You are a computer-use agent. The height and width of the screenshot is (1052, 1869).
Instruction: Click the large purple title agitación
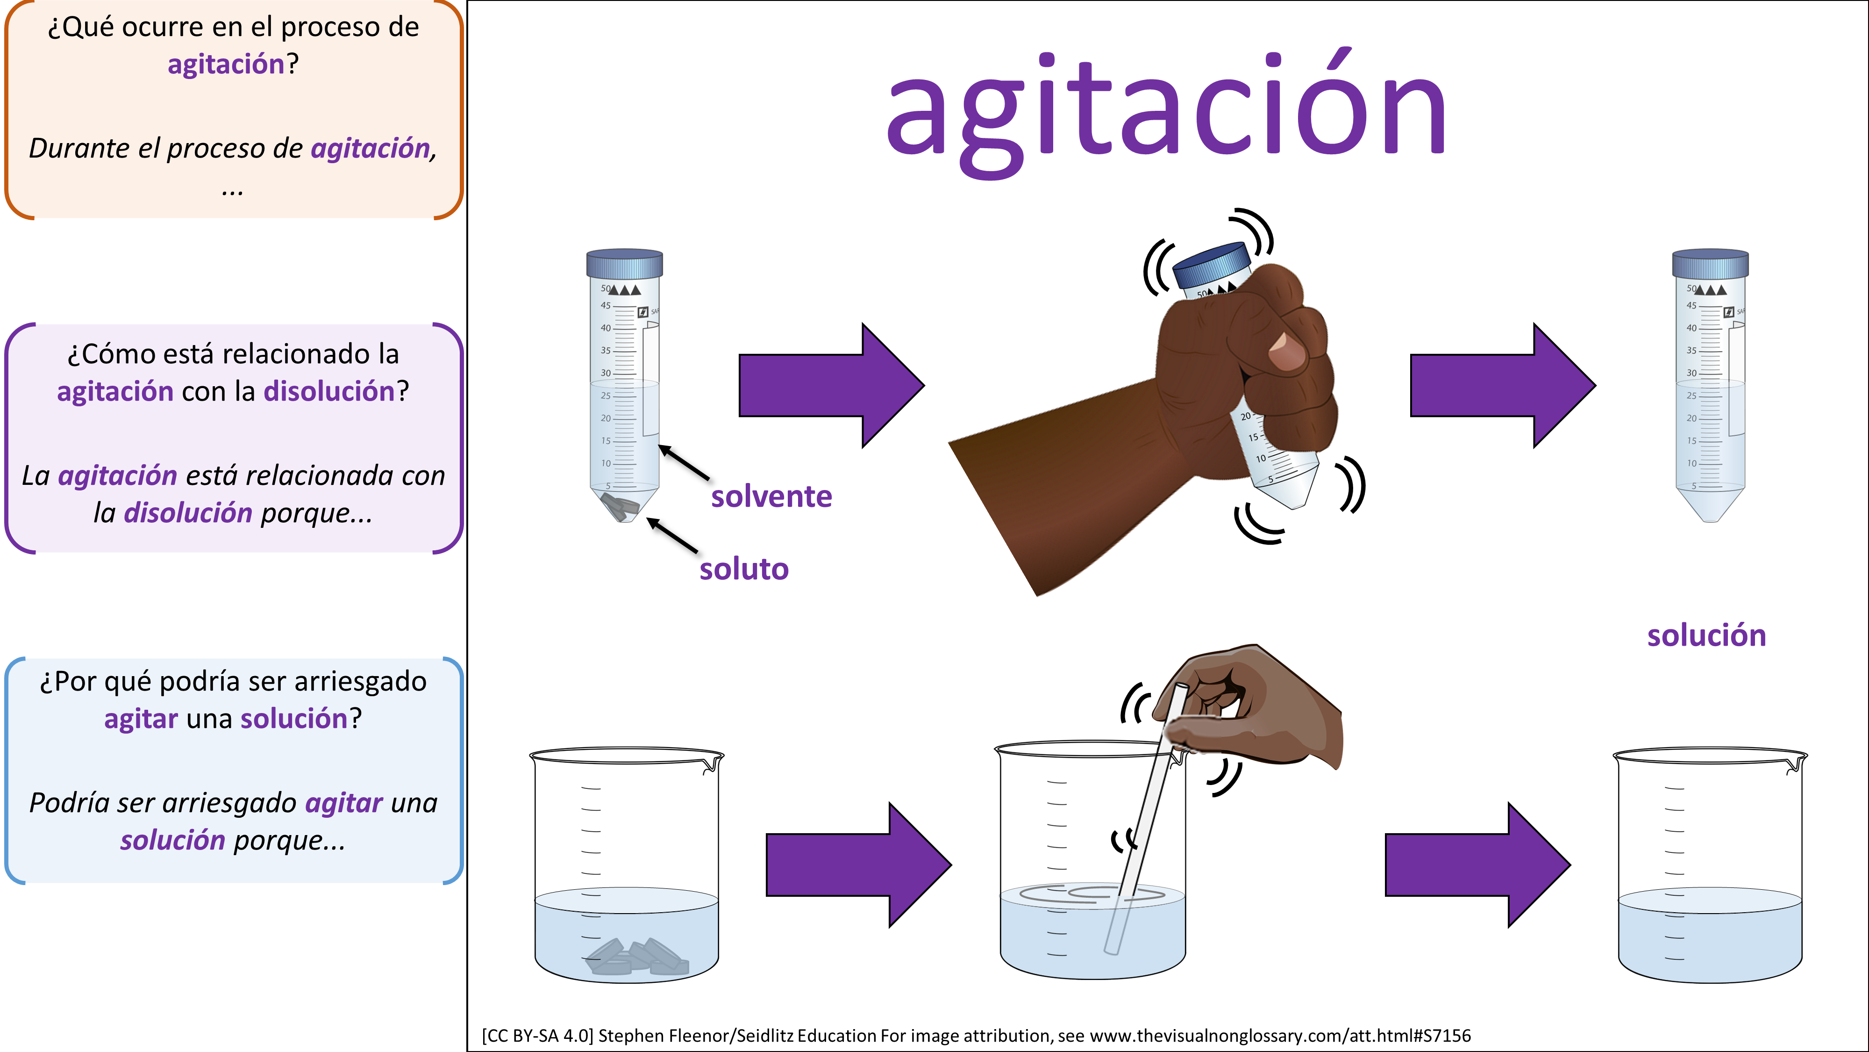[1167, 109]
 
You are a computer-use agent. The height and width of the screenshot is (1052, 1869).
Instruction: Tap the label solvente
[771, 497]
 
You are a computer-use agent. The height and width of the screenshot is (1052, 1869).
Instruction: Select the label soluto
[744, 569]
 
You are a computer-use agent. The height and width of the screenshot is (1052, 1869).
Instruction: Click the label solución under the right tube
[1706, 635]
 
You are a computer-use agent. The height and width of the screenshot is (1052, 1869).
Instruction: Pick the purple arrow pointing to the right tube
[1503, 386]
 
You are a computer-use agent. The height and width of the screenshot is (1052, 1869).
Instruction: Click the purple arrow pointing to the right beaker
[1478, 865]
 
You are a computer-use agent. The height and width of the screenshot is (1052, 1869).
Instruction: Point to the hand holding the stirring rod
[1252, 708]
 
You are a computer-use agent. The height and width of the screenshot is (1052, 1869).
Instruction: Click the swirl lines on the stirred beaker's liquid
[1092, 894]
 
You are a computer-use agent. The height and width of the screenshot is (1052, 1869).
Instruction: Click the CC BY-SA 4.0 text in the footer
[538, 1035]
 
